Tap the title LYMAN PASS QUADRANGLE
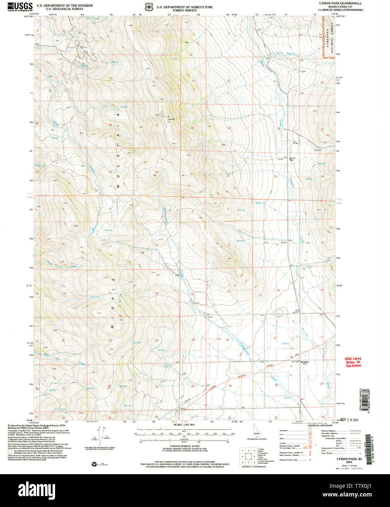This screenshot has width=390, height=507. coord(340,3)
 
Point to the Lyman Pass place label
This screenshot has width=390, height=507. coord(292,159)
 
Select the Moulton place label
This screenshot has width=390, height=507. coord(305,362)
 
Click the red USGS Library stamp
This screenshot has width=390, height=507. coord(353,362)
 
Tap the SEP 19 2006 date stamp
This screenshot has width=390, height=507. coord(350,420)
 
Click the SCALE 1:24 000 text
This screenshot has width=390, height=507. coord(184,425)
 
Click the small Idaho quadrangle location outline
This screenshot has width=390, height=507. coord(257,434)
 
